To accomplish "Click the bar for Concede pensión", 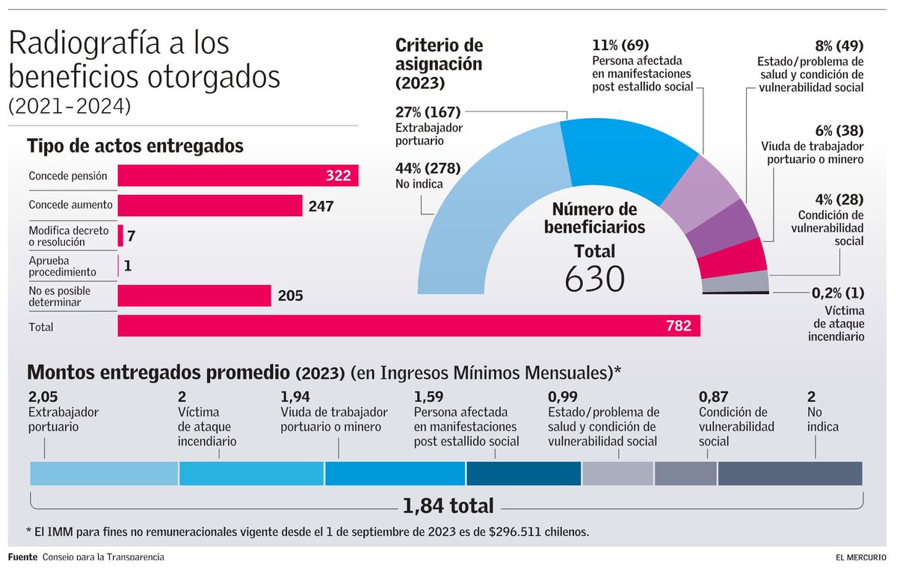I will coord(238,176).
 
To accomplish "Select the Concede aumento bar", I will coord(210,206).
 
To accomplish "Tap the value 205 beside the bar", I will coord(290,296).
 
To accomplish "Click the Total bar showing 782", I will coord(408,326).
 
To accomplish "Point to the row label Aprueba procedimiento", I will coord(63,266).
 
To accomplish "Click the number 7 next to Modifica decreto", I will coord(131,236).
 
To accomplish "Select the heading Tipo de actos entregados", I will coord(135,146).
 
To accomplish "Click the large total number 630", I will coord(594,280).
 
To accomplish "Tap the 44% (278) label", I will coord(428,168).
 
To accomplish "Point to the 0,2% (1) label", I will coord(837,294).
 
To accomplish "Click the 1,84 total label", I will coord(447,506).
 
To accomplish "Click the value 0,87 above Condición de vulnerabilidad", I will coord(713,396).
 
